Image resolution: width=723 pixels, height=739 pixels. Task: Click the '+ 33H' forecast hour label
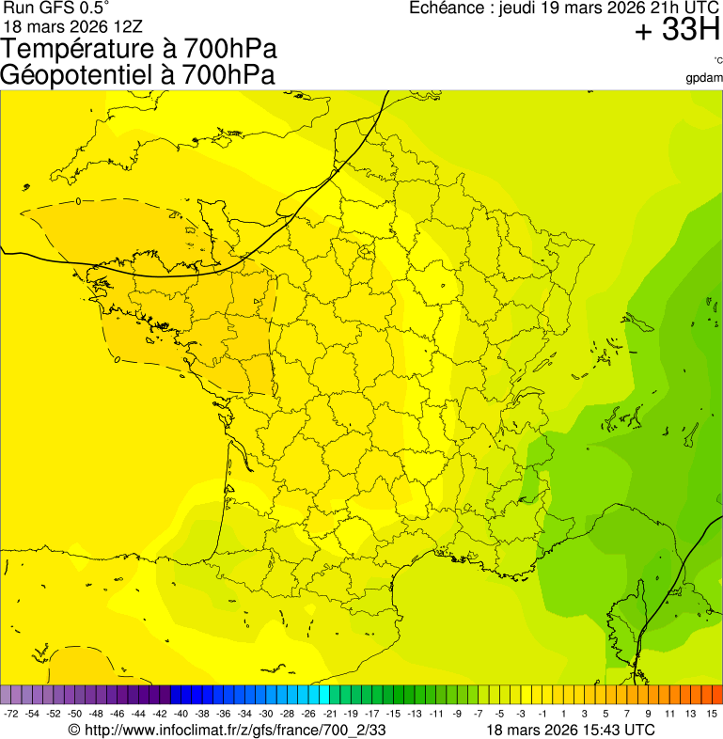click(677, 30)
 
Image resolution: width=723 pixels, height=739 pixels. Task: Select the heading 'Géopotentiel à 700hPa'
click(137, 75)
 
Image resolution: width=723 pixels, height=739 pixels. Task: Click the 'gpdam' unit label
click(704, 77)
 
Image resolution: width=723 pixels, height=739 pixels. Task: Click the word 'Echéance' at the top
click(447, 8)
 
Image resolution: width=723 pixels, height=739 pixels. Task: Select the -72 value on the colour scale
click(11, 715)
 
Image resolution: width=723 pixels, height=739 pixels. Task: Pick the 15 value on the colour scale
click(712, 715)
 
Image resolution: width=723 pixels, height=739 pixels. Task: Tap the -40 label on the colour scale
click(181, 715)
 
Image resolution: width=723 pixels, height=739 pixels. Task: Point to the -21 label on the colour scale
click(330, 715)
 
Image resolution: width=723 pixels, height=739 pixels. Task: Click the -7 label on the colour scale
click(479, 715)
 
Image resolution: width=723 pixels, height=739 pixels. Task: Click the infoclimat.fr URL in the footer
click(235, 730)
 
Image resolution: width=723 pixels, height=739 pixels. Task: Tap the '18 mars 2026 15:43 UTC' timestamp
click(571, 730)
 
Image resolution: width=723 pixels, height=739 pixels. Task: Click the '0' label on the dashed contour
click(78, 200)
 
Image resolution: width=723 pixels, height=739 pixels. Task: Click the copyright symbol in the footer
click(74, 730)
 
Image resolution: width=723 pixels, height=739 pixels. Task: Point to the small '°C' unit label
click(717, 60)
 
